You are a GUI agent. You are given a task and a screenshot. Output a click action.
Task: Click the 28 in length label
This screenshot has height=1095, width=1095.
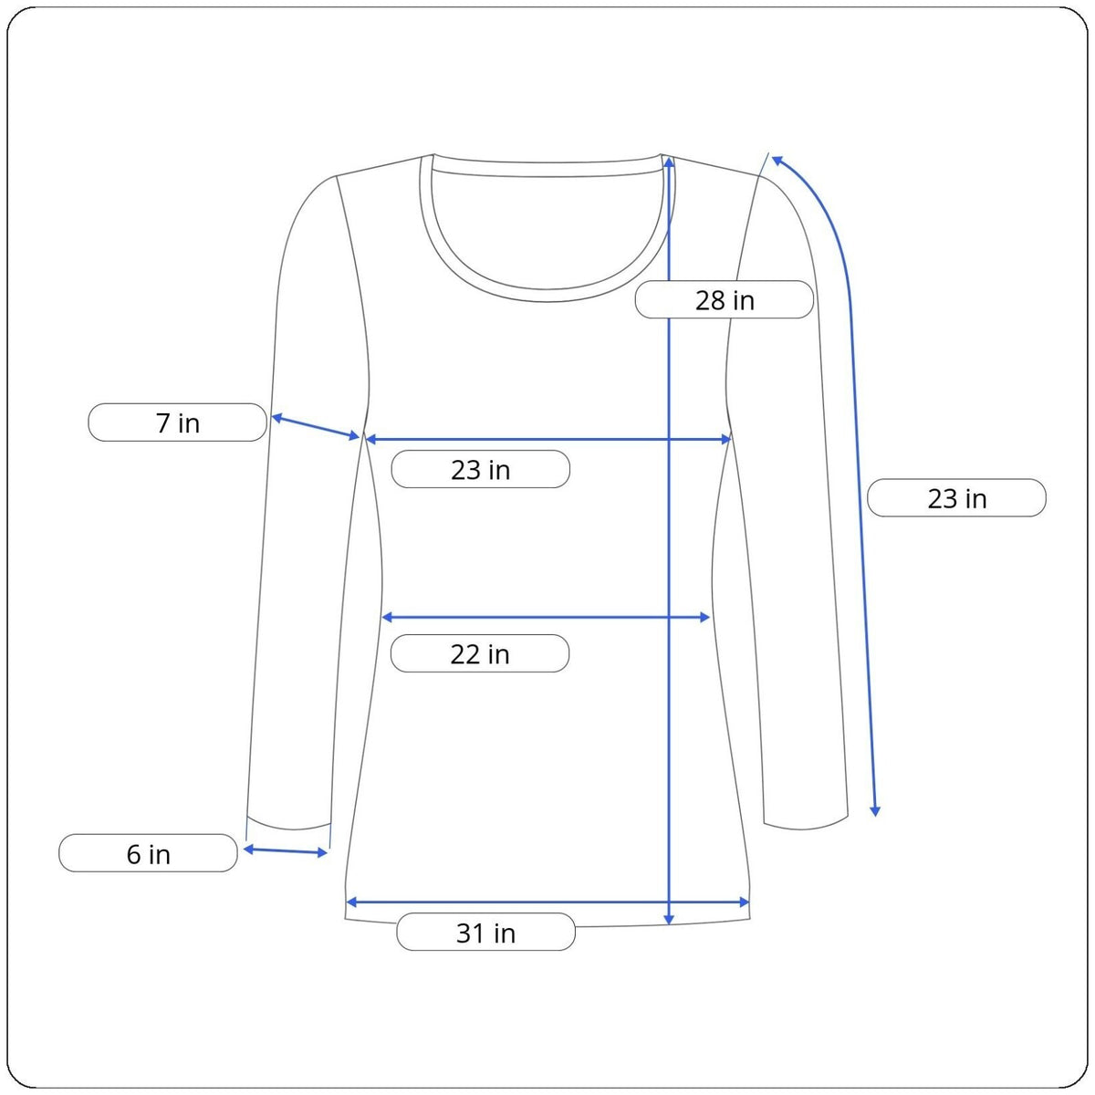coord(724,299)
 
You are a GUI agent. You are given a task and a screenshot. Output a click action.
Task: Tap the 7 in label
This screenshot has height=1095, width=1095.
coord(177,422)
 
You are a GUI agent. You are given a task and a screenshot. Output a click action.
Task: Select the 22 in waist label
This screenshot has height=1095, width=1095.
coord(480,653)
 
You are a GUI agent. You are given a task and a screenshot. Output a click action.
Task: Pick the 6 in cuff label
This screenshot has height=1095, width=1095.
coord(148,853)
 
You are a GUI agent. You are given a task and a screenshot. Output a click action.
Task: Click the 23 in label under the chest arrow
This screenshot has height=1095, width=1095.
coord(480,469)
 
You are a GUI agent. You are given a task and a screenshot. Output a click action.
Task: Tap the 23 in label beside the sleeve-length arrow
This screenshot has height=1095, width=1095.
coord(956,498)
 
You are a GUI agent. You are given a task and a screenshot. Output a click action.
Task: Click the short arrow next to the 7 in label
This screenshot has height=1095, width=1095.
coord(316,427)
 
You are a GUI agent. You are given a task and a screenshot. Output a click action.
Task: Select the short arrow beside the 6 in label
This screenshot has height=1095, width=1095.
coord(286,850)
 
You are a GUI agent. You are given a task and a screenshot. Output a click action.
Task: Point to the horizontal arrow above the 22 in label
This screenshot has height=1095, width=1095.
coord(546,617)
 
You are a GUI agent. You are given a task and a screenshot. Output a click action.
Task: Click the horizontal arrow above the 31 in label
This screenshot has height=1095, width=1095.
coord(547,902)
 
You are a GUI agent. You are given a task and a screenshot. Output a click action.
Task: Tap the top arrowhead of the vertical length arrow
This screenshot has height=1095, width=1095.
coord(669,162)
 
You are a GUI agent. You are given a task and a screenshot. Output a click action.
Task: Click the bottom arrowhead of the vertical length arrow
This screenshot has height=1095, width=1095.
coord(669,920)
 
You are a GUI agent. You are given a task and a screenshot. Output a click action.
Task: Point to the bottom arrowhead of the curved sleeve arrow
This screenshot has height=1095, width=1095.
coord(876,811)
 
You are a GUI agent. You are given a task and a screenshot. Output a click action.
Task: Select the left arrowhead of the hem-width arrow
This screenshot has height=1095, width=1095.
coord(351,902)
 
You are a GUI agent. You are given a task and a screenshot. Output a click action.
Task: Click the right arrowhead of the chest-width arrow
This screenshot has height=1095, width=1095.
coord(725,439)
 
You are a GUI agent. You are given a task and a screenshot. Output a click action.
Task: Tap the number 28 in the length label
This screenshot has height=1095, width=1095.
coord(709,300)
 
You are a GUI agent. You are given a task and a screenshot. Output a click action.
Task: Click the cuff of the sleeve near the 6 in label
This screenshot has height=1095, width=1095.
coord(288,826)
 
